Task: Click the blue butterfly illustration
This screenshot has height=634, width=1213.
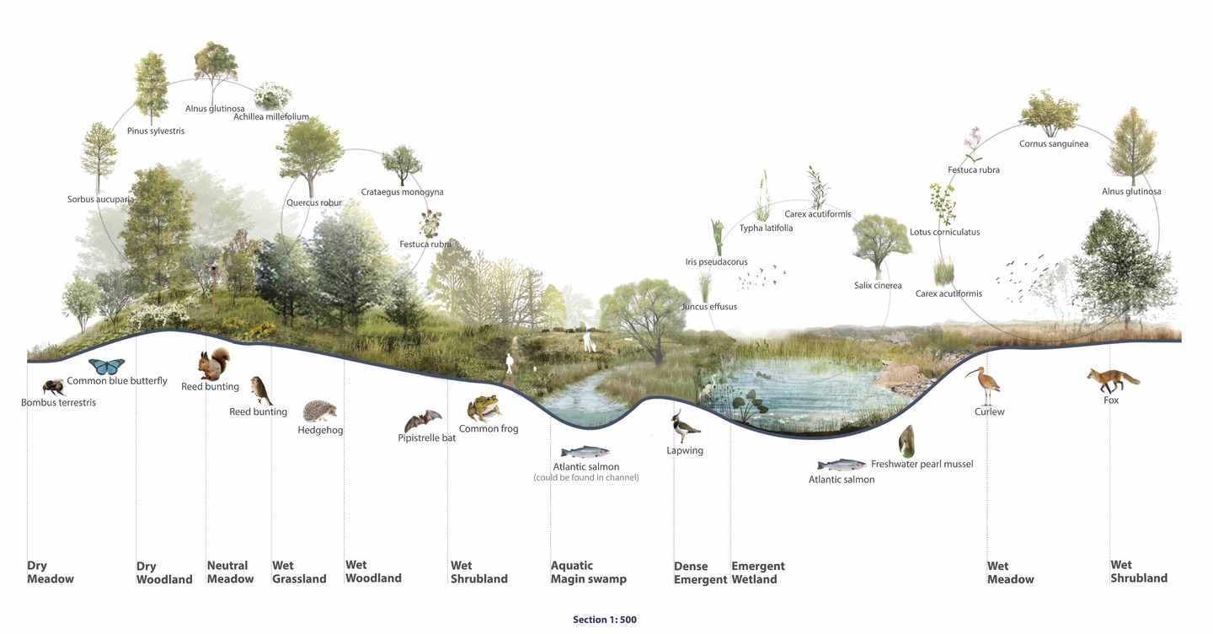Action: click(x=107, y=366)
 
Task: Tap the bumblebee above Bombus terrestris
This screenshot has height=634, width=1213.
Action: click(x=54, y=387)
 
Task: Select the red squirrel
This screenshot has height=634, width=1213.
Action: click(x=214, y=363)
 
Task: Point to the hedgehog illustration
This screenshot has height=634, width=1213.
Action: click(x=319, y=411)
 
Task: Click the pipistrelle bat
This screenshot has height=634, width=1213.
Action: click(x=423, y=421)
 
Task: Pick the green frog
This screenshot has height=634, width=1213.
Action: click(x=484, y=408)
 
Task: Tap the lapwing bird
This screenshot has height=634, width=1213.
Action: click(x=685, y=427)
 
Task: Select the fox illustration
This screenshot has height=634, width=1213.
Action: click(x=1112, y=380)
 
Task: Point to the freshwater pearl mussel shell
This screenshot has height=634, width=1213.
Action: click(x=907, y=441)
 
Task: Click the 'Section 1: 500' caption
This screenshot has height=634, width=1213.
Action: click(x=605, y=620)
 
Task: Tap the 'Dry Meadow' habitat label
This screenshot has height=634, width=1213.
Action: click(x=51, y=572)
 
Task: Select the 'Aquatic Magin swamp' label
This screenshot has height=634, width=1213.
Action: click(x=589, y=572)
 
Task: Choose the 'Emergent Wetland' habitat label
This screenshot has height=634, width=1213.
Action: click(x=758, y=572)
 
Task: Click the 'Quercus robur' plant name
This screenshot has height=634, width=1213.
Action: click(x=314, y=202)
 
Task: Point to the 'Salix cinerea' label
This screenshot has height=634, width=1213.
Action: click(x=878, y=286)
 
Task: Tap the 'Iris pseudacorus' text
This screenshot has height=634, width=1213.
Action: click(x=716, y=262)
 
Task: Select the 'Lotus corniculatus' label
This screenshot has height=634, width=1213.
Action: click(x=945, y=232)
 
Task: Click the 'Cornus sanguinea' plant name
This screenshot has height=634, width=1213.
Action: click(x=1054, y=144)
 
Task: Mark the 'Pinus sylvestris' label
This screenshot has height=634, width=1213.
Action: click(x=156, y=132)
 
